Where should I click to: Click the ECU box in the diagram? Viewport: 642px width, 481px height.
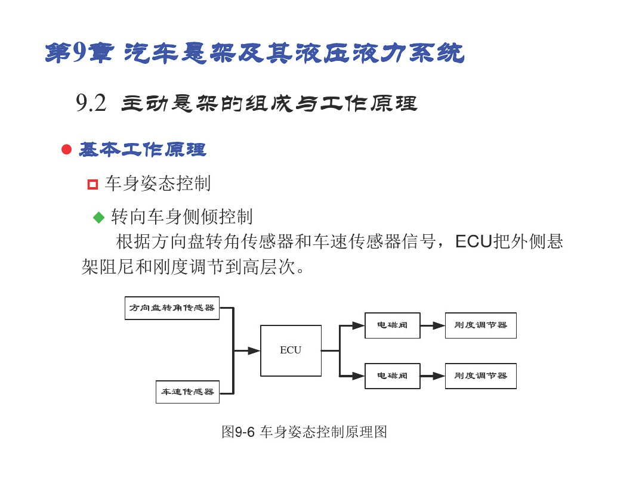(x=291, y=350)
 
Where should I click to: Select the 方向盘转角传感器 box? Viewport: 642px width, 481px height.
(x=172, y=308)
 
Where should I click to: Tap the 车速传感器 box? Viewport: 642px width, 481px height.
(x=187, y=392)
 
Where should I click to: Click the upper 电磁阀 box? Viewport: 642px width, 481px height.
(x=392, y=325)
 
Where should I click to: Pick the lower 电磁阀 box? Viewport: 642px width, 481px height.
(x=392, y=376)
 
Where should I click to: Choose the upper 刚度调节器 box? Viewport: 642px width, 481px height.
(x=481, y=325)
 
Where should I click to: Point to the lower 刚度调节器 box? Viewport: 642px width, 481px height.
(x=481, y=376)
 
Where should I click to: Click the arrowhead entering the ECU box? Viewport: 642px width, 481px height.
(x=254, y=350)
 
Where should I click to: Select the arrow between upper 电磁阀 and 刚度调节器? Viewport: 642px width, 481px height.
(x=433, y=325)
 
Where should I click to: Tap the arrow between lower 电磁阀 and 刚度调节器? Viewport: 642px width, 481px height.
(x=433, y=376)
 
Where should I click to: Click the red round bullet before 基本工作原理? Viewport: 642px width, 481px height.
(x=66, y=150)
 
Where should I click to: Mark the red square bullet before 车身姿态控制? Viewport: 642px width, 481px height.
(x=92, y=184)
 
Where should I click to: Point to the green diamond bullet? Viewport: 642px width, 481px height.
(x=98, y=217)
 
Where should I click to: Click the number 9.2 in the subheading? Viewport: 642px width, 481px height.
(x=91, y=103)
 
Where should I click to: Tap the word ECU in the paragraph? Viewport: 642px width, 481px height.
(x=473, y=242)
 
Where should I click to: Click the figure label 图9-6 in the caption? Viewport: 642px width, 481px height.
(x=238, y=432)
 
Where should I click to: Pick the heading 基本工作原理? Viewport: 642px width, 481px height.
(x=143, y=150)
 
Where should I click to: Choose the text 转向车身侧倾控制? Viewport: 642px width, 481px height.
(x=182, y=217)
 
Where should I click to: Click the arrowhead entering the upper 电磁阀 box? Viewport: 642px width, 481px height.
(x=358, y=325)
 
